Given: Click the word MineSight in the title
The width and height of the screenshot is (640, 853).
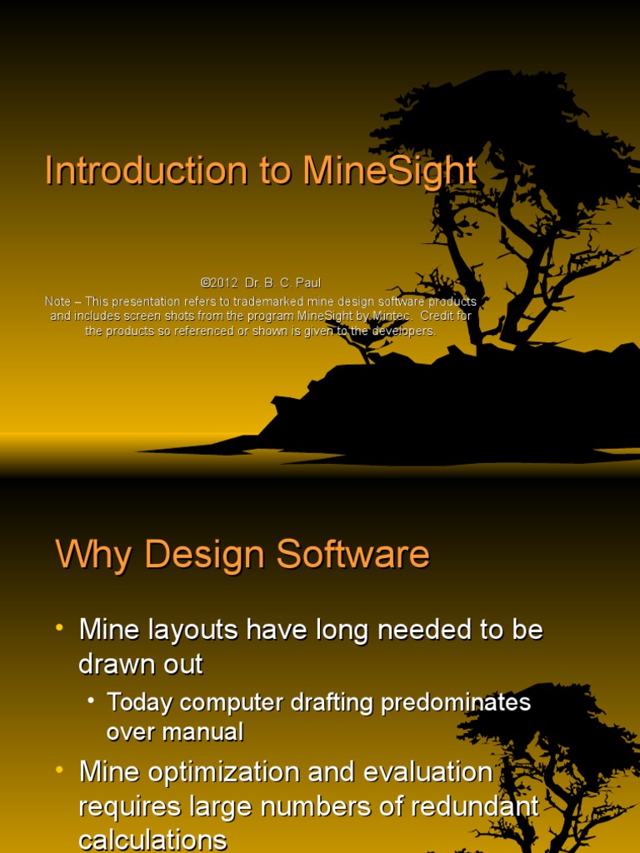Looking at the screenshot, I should pyautogui.click(x=390, y=171).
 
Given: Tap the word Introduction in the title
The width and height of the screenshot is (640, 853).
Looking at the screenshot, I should pyautogui.click(x=145, y=171).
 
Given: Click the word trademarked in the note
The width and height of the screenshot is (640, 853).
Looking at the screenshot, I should pyautogui.click(x=272, y=301).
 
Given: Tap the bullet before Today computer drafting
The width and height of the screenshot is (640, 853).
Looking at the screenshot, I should pyautogui.click(x=91, y=701).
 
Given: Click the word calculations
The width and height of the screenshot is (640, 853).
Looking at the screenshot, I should pyautogui.click(x=152, y=840).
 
